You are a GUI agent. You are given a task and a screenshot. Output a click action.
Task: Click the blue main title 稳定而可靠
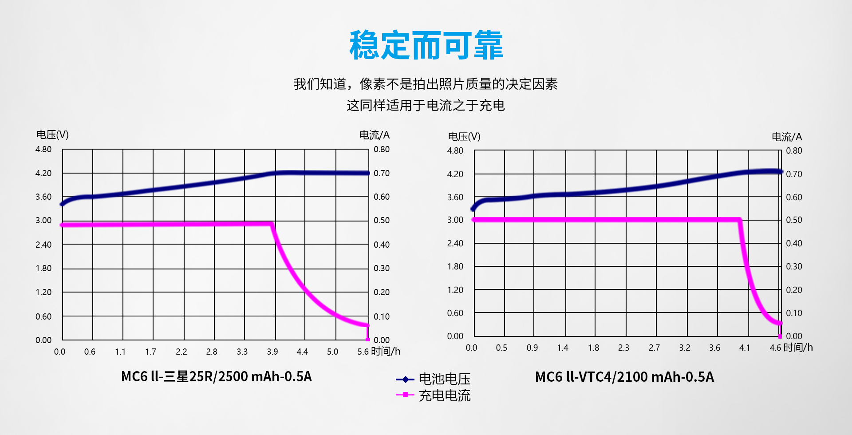pyautogui.click(x=426, y=45)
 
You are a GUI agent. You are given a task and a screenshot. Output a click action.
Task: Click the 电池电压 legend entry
pyautogui.click(x=444, y=379)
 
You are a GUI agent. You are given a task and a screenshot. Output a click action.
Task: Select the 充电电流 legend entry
pyautogui.click(x=444, y=395)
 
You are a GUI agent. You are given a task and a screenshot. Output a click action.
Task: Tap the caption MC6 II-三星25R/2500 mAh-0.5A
pyautogui.click(x=217, y=376)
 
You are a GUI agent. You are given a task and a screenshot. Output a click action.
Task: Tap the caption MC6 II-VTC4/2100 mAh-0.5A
pyautogui.click(x=624, y=377)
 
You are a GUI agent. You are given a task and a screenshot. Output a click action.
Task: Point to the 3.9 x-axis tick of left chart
pyautogui.click(x=272, y=352)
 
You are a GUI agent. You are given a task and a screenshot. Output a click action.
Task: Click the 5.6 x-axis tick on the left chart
pyautogui.click(x=363, y=352)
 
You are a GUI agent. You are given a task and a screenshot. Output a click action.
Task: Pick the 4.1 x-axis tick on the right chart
pyautogui.click(x=745, y=348)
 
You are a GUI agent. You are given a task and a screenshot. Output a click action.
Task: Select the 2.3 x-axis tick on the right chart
pyautogui.click(x=623, y=348)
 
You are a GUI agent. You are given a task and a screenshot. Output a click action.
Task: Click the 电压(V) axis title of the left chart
pyautogui.click(x=52, y=134)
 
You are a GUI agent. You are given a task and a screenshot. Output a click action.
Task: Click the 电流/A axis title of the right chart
pyautogui.click(x=787, y=137)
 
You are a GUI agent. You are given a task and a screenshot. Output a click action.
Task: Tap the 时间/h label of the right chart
pyautogui.click(x=798, y=347)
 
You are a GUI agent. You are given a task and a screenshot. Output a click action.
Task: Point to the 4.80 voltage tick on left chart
pyautogui.click(x=43, y=149)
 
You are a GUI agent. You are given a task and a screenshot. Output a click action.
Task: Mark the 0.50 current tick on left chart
pyautogui.click(x=382, y=220)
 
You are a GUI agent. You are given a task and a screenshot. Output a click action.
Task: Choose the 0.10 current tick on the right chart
pyautogui.click(x=794, y=313)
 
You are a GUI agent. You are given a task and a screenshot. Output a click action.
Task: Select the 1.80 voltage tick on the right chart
pyautogui.click(x=455, y=266)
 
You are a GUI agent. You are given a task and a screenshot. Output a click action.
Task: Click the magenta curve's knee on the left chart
pyautogui.click(x=272, y=225)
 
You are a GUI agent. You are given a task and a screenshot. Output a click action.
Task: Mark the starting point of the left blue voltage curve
pyautogui.click(x=62, y=204)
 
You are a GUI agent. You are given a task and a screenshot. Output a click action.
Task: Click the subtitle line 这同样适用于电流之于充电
pyautogui.click(x=426, y=105)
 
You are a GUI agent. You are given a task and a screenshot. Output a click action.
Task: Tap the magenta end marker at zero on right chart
pyautogui.click(x=780, y=336)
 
